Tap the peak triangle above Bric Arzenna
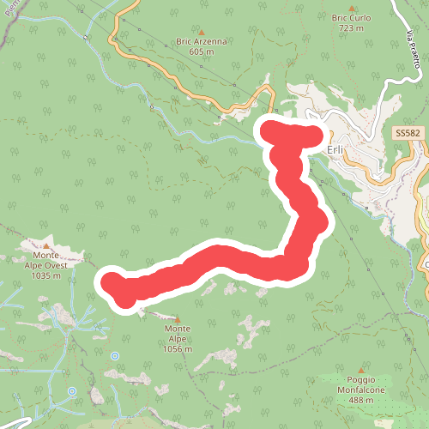202,31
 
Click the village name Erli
335,148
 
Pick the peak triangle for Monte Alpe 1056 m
178,318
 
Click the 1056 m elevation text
178,349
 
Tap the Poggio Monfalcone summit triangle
337,370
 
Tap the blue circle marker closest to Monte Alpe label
115,353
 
